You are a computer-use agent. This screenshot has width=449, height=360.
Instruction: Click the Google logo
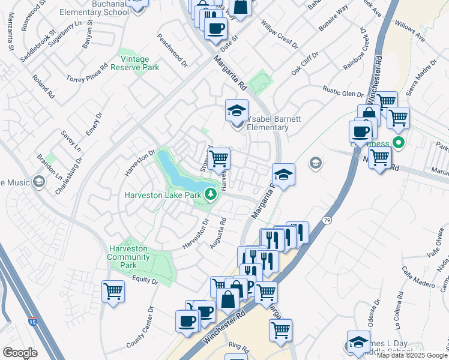[20, 353]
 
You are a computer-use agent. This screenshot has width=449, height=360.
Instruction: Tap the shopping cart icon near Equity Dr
[113, 292]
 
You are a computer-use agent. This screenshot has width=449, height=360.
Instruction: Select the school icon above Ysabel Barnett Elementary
[237, 111]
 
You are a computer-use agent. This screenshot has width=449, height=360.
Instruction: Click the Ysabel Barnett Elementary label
[264, 123]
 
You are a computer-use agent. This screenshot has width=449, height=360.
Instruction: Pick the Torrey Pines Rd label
[87, 71]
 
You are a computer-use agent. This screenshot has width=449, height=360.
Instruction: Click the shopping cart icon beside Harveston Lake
[220, 158]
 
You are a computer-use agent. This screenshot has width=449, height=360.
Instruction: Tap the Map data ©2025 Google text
[412, 355]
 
